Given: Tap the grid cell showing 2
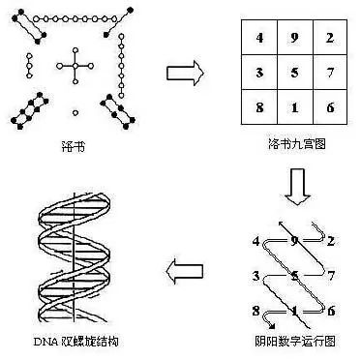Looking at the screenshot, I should click(x=329, y=41).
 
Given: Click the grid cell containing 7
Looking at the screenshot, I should click(x=329, y=75).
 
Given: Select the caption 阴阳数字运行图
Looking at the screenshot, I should click(x=294, y=340).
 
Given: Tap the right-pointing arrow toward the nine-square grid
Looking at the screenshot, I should click(x=183, y=71).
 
